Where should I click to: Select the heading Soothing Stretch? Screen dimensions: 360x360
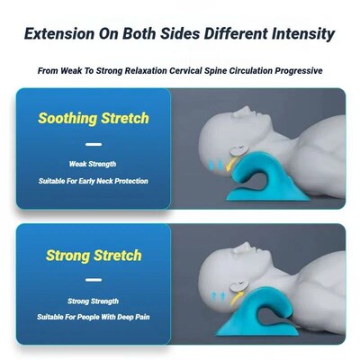(x=94, y=119)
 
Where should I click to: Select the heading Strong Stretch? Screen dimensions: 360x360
(x=94, y=255)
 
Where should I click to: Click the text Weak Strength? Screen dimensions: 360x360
(x=94, y=164)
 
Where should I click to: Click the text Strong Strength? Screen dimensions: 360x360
(x=94, y=301)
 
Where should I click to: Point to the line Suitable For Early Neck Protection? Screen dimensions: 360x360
(x=94, y=181)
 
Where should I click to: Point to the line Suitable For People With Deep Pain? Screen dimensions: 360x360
(x=94, y=317)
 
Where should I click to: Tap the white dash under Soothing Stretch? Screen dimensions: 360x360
(x=93, y=144)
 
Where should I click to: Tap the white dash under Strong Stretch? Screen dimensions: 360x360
(x=93, y=280)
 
